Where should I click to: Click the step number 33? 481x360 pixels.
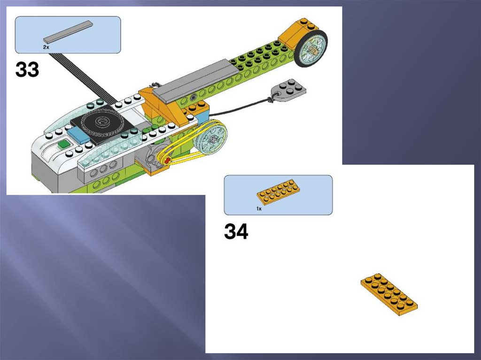pyautogui.click(x=27, y=69)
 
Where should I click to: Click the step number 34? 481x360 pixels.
pyautogui.click(x=236, y=231)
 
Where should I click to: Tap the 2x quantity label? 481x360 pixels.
pyautogui.click(x=46, y=47)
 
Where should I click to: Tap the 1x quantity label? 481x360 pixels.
pyautogui.click(x=259, y=208)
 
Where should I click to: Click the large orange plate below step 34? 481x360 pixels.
pyautogui.click(x=389, y=294)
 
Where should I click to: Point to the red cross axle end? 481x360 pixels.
pyautogui.click(x=167, y=161)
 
